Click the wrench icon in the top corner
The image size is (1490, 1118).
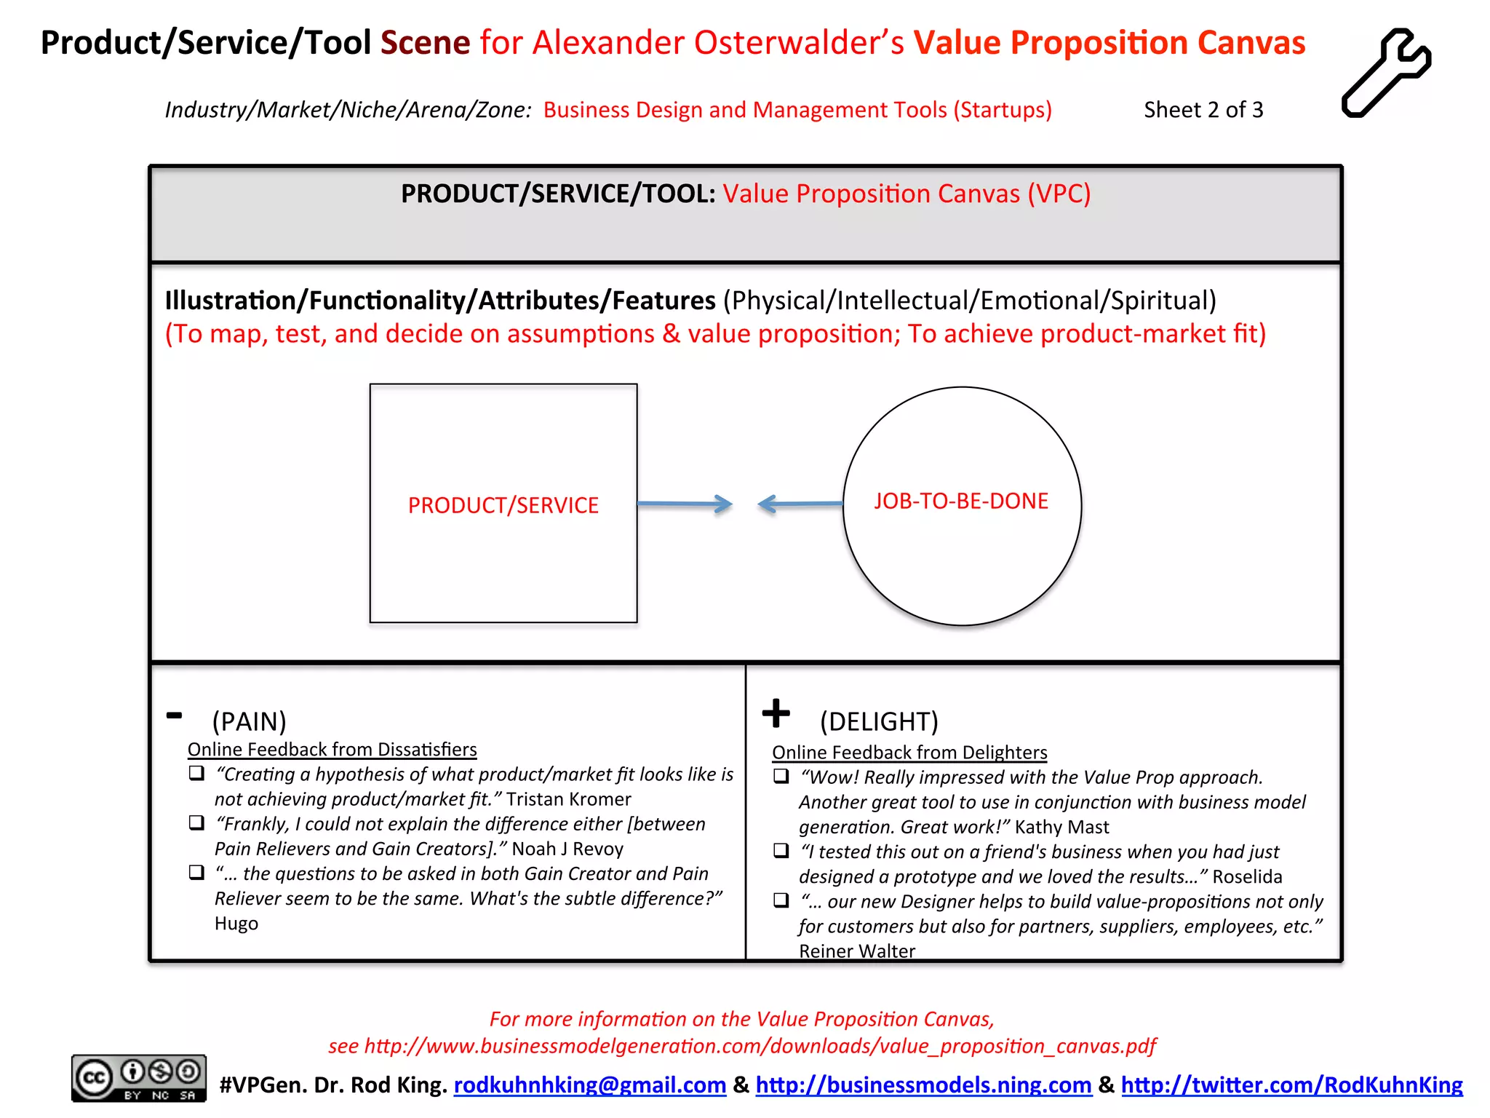pos(1385,73)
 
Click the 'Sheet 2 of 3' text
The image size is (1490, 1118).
pos(1203,110)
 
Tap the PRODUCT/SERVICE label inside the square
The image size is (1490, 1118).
pos(503,505)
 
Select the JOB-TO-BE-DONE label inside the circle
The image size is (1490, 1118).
pos(961,501)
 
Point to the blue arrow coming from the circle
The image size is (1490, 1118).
pos(800,504)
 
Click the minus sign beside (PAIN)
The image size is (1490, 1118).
pos(174,715)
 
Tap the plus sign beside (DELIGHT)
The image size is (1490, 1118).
pos(776,713)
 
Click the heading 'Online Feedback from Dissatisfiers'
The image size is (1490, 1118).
pos(332,750)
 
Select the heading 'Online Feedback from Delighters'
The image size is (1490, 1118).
pos(909,753)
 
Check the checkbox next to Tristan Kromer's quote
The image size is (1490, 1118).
pos(196,773)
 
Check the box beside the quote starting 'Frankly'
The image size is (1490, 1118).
pos(196,822)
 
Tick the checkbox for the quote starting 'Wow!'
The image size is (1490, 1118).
pos(781,776)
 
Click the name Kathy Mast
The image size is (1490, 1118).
pos(1061,827)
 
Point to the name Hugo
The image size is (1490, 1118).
pos(236,924)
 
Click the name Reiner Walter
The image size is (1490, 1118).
pos(856,951)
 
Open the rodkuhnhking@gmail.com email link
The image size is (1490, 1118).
pos(590,1085)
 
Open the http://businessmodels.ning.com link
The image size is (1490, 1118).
pos(923,1085)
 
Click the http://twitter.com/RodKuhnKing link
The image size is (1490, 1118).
pos(1291,1085)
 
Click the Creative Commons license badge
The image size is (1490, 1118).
pos(138,1078)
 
